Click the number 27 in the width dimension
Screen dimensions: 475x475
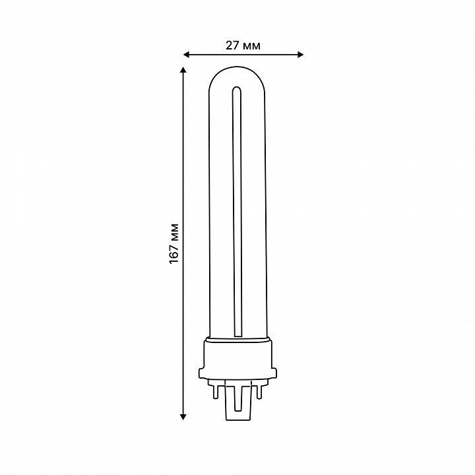coord(232,46)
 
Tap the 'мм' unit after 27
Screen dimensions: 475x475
coord(251,46)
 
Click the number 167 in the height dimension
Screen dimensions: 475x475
coord(174,253)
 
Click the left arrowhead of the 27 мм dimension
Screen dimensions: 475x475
coord(186,55)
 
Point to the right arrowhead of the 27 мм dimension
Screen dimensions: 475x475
coord(301,55)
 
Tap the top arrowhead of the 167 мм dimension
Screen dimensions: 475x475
coord(183,70)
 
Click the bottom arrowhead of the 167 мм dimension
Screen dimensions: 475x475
coord(183,417)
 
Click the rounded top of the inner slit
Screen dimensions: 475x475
coord(237,88)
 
